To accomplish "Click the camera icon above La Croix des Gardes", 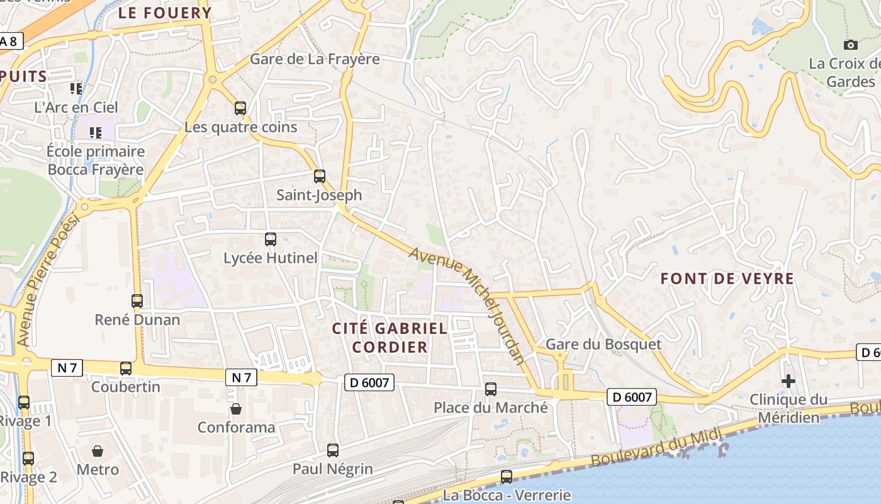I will pyautogui.click(x=850, y=45).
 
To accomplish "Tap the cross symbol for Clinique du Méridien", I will pyautogui.click(x=788, y=381).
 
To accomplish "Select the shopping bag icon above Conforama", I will pyautogui.click(x=236, y=409).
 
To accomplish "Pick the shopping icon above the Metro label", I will pyautogui.click(x=98, y=451).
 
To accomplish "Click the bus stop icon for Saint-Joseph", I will pyautogui.click(x=320, y=176).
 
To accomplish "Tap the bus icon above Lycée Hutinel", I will pyautogui.click(x=271, y=239).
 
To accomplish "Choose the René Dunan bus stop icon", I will pyautogui.click(x=137, y=301).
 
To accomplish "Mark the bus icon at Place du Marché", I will pyautogui.click(x=491, y=389).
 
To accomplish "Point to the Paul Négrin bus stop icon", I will pyautogui.click(x=333, y=450).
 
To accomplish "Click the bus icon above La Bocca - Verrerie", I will pyautogui.click(x=507, y=477).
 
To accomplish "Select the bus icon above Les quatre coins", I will pyautogui.click(x=240, y=108).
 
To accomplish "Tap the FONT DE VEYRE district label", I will pyautogui.click(x=727, y=278).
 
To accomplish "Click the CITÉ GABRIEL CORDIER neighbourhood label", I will pyautogui.click(x=390, y=338).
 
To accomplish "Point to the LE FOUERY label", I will pyautogui.click(x=165, y=13).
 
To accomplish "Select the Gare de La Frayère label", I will pyautogui.click(x=315, y=59).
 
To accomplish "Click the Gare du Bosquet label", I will pyautogui.click(x=603, y=344).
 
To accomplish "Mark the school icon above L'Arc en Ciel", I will pyautogui.click(x=76, y=89).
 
